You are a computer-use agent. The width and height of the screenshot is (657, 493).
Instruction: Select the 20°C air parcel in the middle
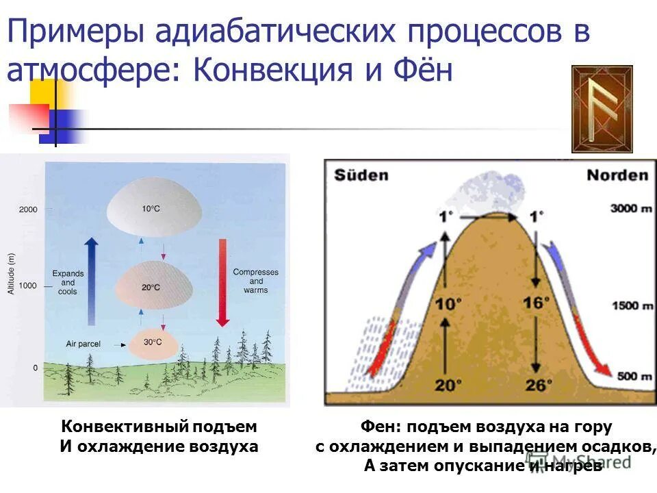tap(154, 283)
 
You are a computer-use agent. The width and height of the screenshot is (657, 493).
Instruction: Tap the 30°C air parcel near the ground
tap(153, 342)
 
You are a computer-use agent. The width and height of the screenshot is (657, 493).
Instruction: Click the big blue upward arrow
tap(92, 281)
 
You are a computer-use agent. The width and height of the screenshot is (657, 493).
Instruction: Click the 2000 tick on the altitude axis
tap(28, 210)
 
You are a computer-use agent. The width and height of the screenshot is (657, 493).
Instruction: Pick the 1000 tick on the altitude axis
tap(28, 286)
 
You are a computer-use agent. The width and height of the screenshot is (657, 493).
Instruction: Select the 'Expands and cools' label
tap(68, 283)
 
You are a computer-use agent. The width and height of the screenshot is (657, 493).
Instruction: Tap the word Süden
tap(361, 175)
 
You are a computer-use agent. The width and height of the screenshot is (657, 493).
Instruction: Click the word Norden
tap(617, 175)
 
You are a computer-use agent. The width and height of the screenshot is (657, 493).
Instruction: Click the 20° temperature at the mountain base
tap(445, 385)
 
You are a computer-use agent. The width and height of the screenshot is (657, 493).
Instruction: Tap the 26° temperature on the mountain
tap(537, 385)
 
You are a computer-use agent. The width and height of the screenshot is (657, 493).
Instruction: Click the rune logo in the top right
tap(602, 109)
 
